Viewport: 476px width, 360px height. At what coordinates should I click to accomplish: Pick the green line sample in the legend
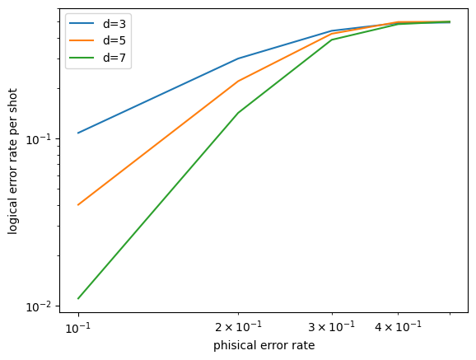point(82,58)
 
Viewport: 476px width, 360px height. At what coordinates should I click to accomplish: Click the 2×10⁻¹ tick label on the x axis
point(238,328)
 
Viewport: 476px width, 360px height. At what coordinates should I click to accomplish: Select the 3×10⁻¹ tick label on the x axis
point(332,328)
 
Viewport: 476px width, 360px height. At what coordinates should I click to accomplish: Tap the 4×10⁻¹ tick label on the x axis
point(398,328)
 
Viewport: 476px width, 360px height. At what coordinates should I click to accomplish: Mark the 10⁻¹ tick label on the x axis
point(78,328)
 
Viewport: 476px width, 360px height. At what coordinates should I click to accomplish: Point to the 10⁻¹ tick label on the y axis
point(46,138)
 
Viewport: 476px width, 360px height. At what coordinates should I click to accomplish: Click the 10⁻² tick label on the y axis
point(46,306)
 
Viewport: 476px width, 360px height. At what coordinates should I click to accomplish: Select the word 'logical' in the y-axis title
point(14,213)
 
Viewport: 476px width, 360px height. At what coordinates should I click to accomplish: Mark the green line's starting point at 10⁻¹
point(78,298)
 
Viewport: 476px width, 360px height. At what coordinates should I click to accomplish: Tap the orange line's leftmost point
point(78,204)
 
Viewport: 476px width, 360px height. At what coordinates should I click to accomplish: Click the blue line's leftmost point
point(78,133)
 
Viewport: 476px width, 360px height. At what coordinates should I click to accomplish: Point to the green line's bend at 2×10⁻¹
point(238,113)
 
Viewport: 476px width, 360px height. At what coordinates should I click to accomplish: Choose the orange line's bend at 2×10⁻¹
point(238,81)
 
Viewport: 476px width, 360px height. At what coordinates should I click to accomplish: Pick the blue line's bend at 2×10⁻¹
point(238,58)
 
